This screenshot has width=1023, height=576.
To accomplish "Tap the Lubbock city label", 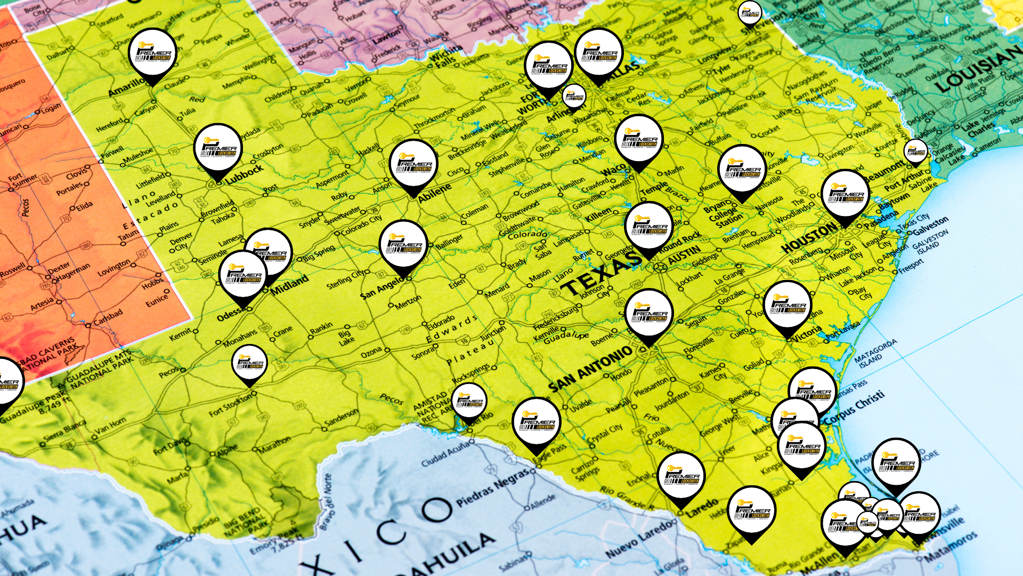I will tap(244, 175).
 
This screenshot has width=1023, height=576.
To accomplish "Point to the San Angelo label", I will tap(381, 288).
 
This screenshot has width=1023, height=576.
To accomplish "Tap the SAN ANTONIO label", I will tap(590, 369).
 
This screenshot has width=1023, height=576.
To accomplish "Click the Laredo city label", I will tap(702, 507).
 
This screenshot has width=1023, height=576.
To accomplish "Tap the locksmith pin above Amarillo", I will tap(152, 53).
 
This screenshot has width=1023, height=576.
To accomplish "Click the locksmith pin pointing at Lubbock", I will tap(218, 150).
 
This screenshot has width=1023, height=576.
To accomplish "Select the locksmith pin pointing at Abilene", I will tap(413, 165).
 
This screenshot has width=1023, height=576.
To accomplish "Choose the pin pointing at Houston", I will tap(845, 195).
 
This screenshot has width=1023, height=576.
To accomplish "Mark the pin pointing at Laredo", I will tap(681, 476).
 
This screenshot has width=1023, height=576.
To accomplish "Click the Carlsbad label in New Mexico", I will tap(108, 317).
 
